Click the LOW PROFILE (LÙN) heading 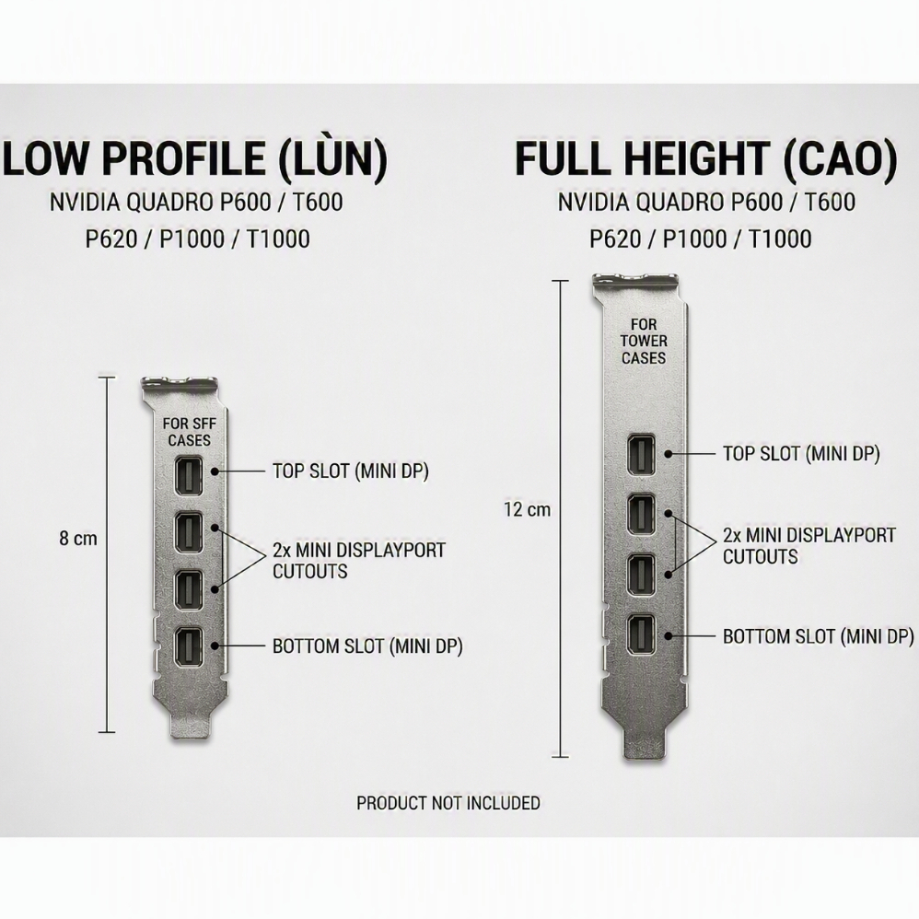195,158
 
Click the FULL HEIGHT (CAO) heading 706,158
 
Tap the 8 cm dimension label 78,538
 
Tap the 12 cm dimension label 528,509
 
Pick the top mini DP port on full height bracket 641,454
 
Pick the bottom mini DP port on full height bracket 641,635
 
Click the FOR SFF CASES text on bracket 189,431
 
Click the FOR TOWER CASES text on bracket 644,341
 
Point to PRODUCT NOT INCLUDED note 448,802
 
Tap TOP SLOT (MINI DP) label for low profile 351,471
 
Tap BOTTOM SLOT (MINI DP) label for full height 819,636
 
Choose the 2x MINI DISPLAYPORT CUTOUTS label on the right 808,546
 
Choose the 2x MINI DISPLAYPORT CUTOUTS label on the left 359,560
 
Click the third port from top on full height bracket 641,575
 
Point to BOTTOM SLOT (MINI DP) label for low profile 367,646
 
